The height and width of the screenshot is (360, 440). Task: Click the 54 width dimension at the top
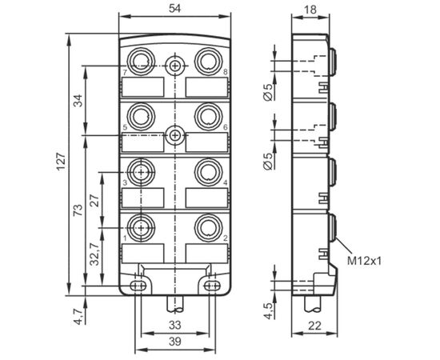point(174,9)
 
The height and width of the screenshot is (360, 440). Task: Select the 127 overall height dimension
point(62,162)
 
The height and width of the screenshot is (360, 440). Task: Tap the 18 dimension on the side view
point(310,10)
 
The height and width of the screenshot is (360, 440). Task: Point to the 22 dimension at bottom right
point(314,326)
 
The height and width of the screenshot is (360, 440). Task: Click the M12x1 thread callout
point(365,262)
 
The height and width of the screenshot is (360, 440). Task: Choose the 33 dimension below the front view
point(175,326)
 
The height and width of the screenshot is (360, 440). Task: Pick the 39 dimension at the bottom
point(175,342)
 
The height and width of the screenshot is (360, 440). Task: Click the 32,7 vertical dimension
point(95,254)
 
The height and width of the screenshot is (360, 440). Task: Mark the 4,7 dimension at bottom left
point(78,316)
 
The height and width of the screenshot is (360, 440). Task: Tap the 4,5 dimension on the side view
point(268,310)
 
